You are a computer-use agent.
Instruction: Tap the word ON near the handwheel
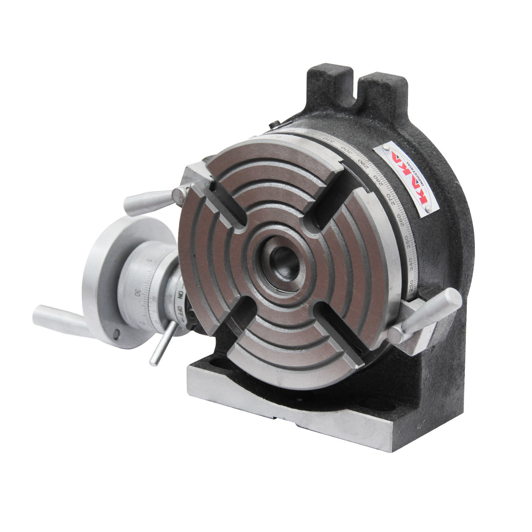pos(180,295)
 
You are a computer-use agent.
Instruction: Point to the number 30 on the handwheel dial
pos(138,293)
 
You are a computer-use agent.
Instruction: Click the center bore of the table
pos(284,263)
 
